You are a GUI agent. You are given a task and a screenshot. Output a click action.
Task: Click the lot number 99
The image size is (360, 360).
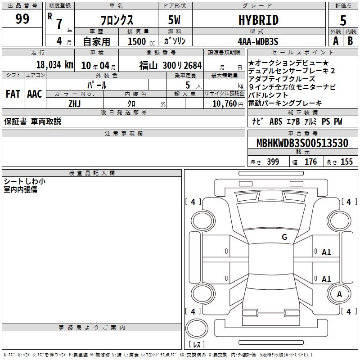[x=22, y=18]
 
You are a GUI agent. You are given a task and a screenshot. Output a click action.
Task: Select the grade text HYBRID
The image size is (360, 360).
[x=258, y=20]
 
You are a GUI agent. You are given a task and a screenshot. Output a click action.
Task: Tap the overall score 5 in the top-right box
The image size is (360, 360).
[x=343, y=20]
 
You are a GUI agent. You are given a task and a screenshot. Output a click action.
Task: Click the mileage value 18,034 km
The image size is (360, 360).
[x=54, y=65]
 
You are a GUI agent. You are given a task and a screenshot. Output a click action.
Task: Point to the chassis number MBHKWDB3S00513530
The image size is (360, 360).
[x=302, y=143]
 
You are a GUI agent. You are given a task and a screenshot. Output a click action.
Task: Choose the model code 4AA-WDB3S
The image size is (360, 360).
[x=258, y=41]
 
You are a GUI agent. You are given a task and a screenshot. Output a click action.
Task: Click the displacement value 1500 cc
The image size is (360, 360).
[x=141, y=41]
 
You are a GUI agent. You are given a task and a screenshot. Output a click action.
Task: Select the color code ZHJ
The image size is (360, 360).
[x=75, y=104]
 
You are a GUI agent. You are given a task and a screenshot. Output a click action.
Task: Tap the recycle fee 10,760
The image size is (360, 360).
[x=225, y=104]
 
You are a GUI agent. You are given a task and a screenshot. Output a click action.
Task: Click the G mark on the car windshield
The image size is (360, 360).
[x=284, y=237]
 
